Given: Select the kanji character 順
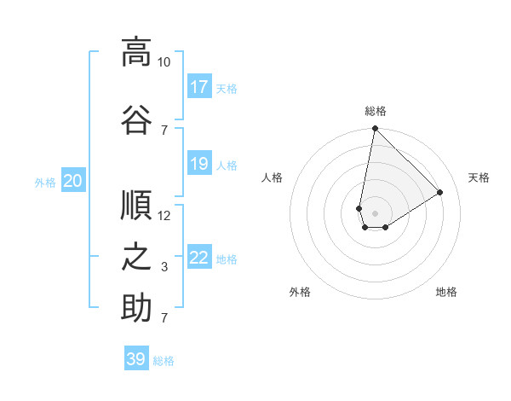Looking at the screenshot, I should click(136, 205).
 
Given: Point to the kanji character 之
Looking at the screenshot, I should click(136, 257).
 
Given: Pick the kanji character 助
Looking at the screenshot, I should click(136, 308).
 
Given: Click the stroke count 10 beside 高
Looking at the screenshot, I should click(164, 62).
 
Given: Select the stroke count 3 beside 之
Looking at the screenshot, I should click(164, 267).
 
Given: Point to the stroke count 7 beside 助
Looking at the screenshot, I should click(164, 318).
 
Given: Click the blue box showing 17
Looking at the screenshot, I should click(199, 87).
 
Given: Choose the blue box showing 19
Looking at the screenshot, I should click(199, 164).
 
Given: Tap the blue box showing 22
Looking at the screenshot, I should click(199, 258).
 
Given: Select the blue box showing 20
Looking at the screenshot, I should click(73, 181).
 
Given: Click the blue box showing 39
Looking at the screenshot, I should click(136, 359).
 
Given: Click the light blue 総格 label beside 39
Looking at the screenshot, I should click(164, 361).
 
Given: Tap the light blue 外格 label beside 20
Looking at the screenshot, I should click(45, 183).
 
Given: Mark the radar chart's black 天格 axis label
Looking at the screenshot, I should click(479, 177).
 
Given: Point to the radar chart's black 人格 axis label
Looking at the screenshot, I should click(273, 177).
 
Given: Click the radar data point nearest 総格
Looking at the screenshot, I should click(375, 129).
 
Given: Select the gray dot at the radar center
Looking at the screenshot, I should click(375, 212).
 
